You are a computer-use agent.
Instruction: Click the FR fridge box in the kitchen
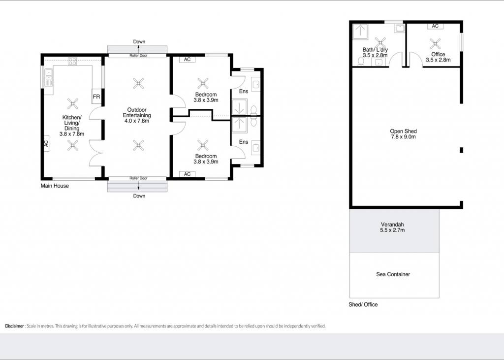click(96, 96)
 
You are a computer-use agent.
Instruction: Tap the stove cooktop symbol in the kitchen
click(72, 61)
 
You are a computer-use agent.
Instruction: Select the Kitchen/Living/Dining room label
click(72, 126)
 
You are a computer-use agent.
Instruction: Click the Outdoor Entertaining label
click(137, 115)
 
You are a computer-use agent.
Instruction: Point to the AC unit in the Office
click(435, 26)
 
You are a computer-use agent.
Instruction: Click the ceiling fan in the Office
click(435, 43)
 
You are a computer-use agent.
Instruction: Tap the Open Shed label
click(404, 134)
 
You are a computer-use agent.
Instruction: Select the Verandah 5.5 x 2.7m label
click(392, 227)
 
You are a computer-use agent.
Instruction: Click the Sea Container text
click(393, 274)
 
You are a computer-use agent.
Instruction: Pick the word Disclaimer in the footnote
click(14, 326)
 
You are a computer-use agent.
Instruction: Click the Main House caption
click(55, 186)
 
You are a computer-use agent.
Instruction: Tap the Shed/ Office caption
click(363, 304)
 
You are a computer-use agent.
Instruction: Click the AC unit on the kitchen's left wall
click(46, 143)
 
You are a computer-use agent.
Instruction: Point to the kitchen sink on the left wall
click(49, 78)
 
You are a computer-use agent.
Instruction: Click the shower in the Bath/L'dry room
click(360, 32)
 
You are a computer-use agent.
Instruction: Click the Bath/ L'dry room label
click(375, 52)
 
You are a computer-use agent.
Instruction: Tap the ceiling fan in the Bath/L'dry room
click(380, 43)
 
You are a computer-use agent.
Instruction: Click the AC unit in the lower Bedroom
click(187, 174)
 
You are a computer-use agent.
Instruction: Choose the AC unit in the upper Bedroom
click(187, 60)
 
